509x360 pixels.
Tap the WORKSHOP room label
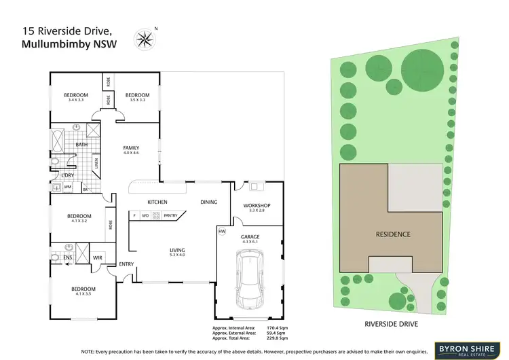[x=257, y=206]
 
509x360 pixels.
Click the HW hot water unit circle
[x=222, y=232]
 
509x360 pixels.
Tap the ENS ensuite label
[x=68, y=257]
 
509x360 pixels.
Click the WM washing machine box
[x=67, y=187]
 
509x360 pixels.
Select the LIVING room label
[x=177, y=250]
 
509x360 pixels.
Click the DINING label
[x=209, y=202]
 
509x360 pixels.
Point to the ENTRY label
[x=126, y=264]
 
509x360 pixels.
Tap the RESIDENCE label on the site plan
[x=393, y=234]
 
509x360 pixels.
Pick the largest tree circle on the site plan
[x=422, y=68]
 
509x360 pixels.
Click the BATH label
[x=81, y=144]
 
